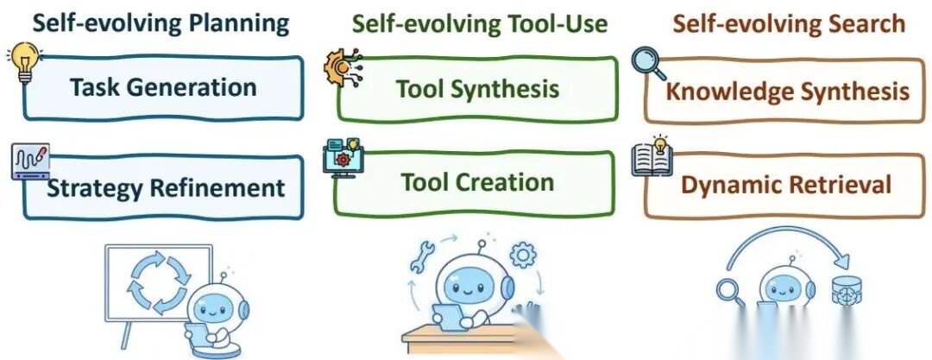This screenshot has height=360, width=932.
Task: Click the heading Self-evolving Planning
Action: pyautogui.click(x=161, y=23)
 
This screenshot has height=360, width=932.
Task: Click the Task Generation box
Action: pyautogui.click(x=164, y=87)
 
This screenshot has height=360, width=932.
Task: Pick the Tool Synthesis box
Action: pyautogui.click(x=477, y=89)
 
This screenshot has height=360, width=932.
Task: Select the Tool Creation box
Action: pyautogui.click(x=477, y=183)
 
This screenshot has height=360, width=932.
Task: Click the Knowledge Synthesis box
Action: pyautogui.click(x=788, y=91)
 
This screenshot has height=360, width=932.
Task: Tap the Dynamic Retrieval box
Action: pyautogui.click(x=786, y=184)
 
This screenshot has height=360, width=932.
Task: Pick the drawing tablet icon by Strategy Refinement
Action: pyautogui.click(x=29, y=162)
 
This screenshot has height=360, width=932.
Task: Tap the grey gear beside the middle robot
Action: pyautogui.click(x=522, y=255)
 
